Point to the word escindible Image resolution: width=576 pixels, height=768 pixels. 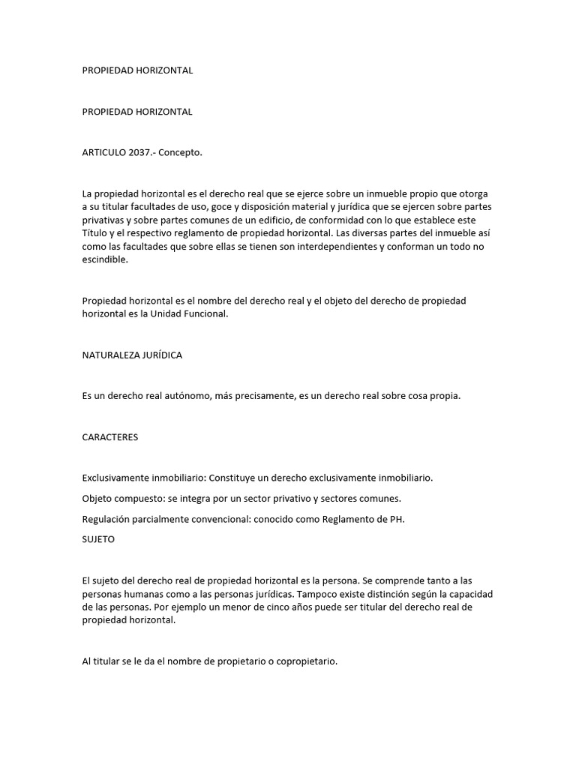[x=105, y=260]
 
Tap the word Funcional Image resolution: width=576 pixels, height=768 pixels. [x=202, y=315]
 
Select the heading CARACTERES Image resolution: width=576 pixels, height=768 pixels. [x=109, y=437]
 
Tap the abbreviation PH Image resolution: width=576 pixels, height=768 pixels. [x=397, y=519]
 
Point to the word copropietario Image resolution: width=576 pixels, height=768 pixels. [x=304, y=662]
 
